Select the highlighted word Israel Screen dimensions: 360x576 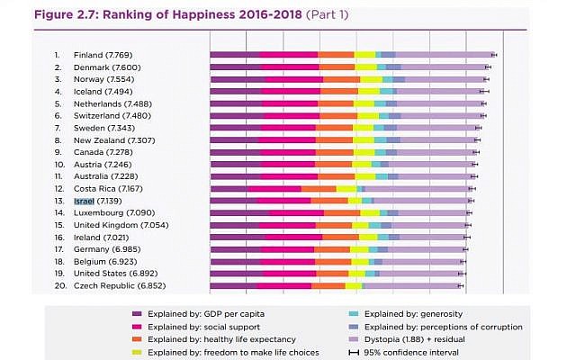[84, 201]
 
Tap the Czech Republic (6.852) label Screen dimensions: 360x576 [120, 285]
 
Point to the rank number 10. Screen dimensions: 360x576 [59, 165]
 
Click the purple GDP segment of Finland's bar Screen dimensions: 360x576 [235, 55]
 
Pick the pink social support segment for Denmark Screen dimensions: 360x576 [289, 67]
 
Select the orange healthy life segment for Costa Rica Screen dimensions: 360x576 [324, 189]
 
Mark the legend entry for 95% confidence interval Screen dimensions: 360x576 [409, 352]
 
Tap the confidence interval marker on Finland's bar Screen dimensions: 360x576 [494, 55]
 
